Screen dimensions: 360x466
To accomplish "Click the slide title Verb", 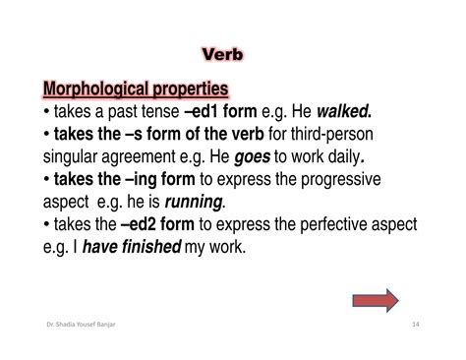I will click(x=233, y=51).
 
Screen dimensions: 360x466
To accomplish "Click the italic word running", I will click(x=194, y=202).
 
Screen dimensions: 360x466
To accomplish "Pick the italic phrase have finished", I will click(x=138, y=247).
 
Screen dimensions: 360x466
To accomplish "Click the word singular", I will click(x=75, y=156).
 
